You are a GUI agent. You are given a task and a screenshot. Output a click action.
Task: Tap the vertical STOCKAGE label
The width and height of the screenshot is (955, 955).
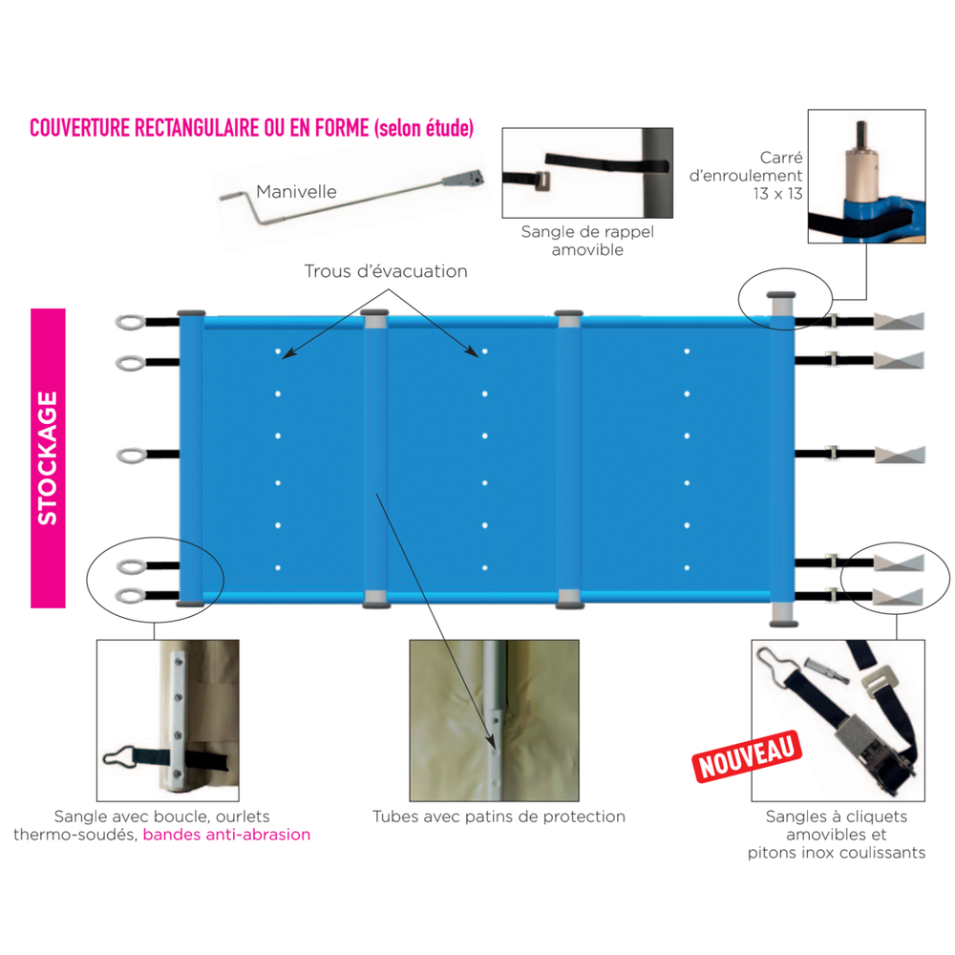(x=48, y=457)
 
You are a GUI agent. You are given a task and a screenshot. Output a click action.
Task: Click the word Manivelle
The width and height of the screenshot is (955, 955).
(x=296, y=191)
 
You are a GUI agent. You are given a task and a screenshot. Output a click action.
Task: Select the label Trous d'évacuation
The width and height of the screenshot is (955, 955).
(x=386, y=271)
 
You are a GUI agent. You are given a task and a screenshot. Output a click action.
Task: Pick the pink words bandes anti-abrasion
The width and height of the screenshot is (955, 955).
(x=226, y=834)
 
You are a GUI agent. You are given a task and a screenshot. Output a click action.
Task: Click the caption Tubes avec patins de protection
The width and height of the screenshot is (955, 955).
(x=499, y=817)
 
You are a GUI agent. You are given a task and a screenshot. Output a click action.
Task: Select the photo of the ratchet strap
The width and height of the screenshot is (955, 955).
(x=838, y=720)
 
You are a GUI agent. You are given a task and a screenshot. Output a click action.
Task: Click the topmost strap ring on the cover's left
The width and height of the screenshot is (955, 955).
(x=129, y=322)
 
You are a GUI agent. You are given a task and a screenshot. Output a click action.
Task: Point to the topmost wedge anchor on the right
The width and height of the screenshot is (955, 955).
(x=901, y=322)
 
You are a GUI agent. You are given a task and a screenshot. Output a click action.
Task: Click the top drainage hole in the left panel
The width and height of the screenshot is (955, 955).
(x=279, y=352)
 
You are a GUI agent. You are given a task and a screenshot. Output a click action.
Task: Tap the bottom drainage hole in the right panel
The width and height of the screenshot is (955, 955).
(x=687, y=568)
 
